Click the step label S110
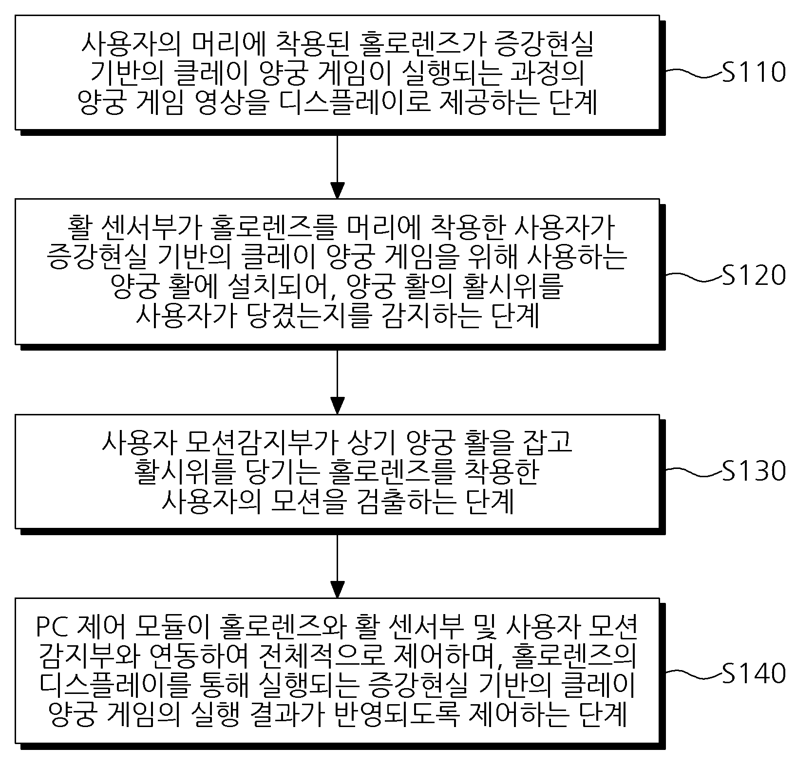pos(754,72)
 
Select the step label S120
pos(754,275)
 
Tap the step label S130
pos(754,470)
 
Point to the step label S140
pos(754,673)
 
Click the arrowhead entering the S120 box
pos(337,190)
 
